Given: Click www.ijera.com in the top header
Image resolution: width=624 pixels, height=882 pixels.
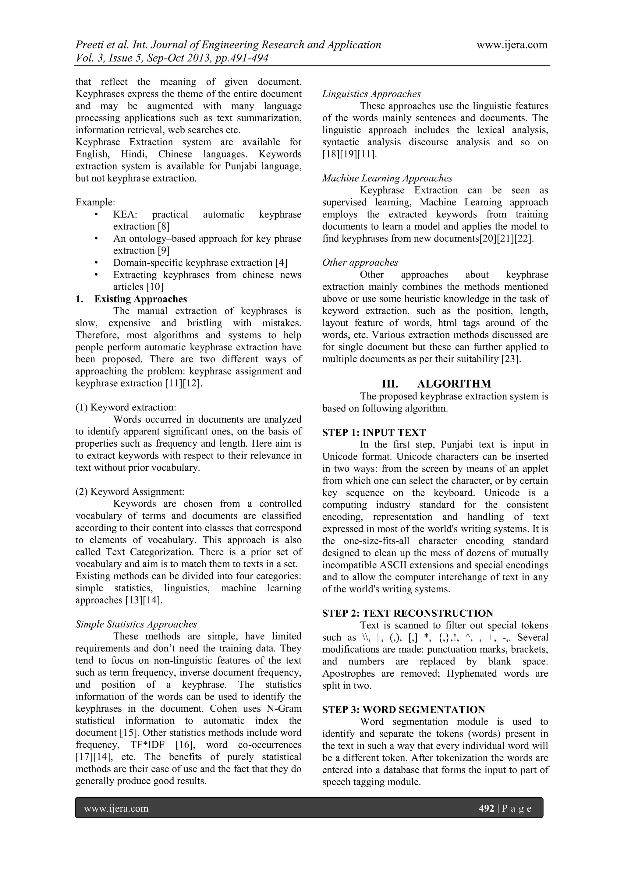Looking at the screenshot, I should pos(512,45).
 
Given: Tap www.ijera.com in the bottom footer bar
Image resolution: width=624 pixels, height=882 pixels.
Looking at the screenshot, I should pos(116,808).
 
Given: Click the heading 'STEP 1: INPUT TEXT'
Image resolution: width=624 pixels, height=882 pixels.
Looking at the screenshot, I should pos(374,433).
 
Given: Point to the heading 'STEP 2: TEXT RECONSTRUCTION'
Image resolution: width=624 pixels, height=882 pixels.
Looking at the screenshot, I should pos(408,613).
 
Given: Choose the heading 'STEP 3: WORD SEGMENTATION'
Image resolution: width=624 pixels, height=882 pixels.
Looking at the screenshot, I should pos(403,710).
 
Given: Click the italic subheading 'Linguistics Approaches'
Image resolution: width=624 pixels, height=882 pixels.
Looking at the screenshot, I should pos(371,94).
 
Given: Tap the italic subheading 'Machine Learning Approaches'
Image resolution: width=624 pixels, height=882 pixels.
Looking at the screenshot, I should pos(387,178).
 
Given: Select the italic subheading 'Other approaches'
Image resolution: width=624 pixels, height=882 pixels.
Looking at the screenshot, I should pos(360,262).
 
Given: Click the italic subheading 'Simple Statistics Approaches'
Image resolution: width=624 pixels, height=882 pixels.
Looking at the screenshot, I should pos(136,624).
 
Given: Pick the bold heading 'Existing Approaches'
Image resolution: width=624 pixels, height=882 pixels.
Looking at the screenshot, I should pos(141,299).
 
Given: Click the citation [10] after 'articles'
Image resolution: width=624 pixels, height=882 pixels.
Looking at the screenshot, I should pos(154,287).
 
